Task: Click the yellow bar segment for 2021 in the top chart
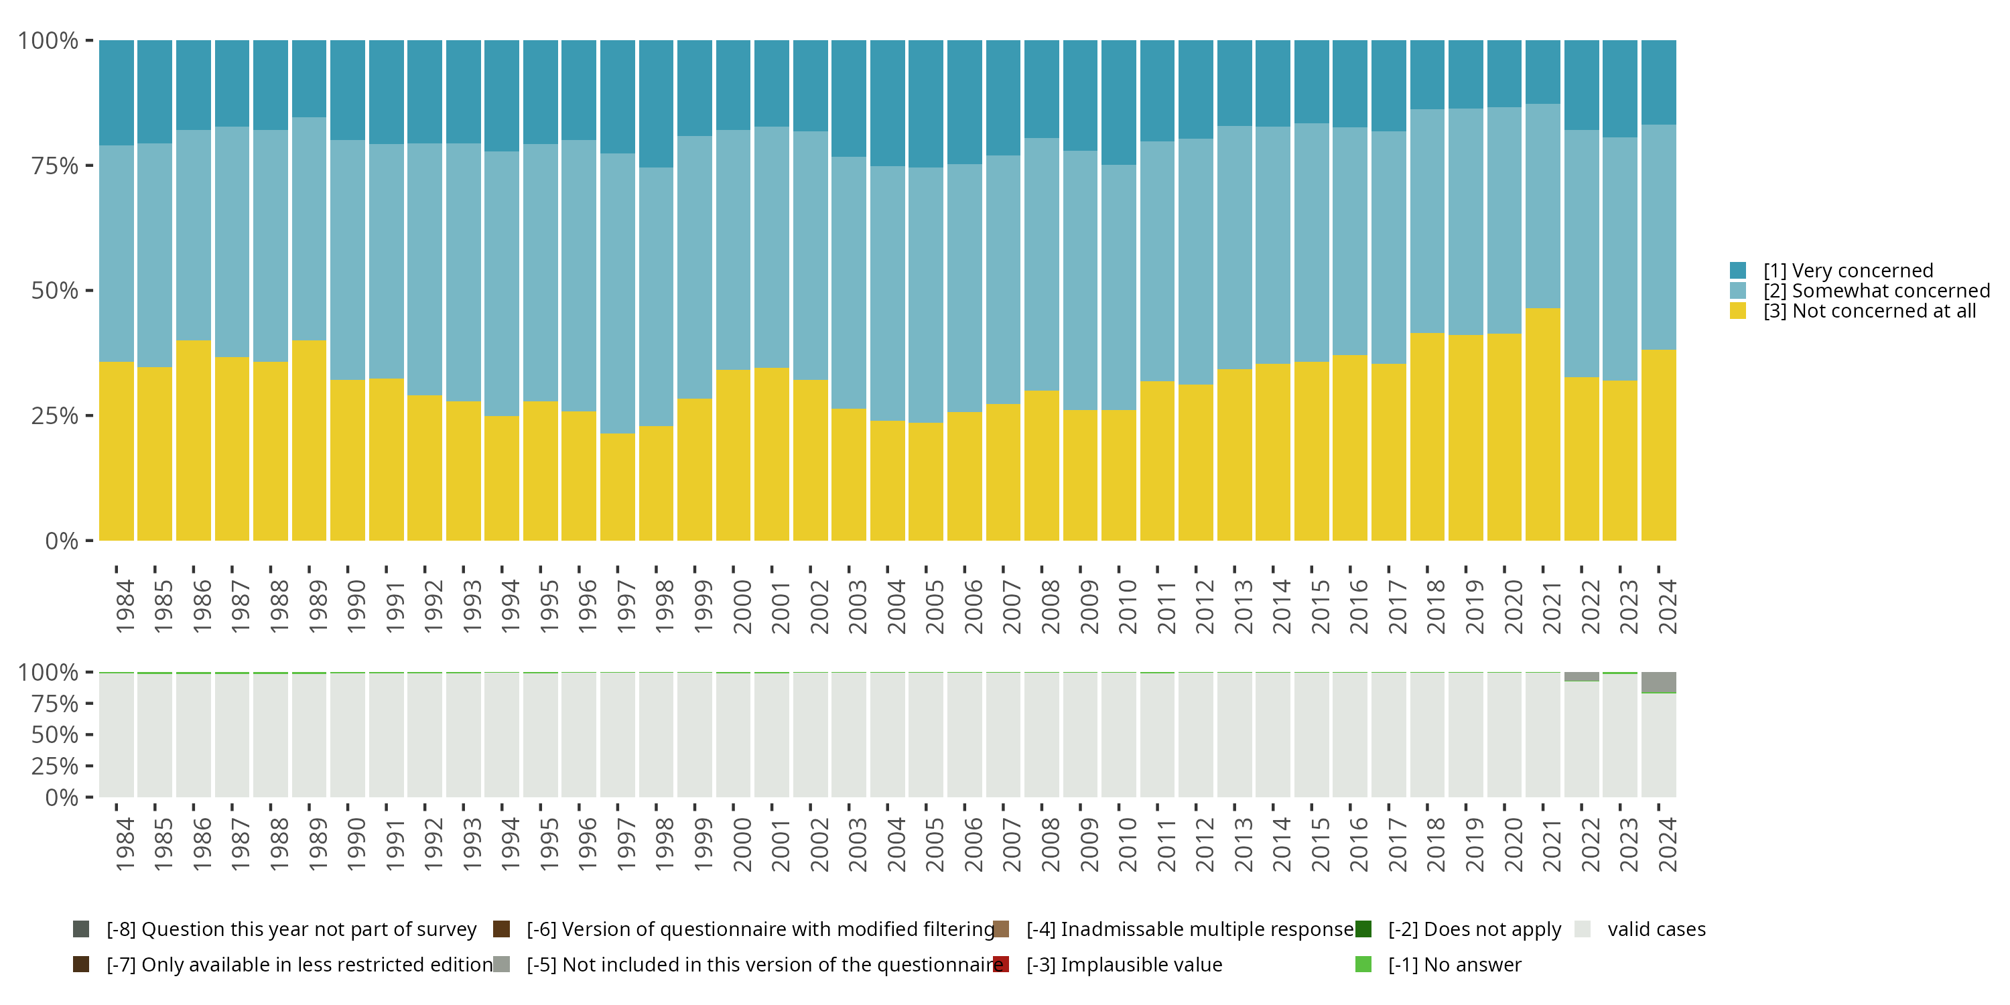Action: pos(1542,425)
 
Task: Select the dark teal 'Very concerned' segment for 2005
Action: pos(925,104)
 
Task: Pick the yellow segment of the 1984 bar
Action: pos(117,451)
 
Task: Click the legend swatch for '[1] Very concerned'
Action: pos(1738,271)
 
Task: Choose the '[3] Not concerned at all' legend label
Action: pos(1869,312)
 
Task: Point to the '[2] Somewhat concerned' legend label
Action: pos(1877,291)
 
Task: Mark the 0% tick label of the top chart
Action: pos(62,541)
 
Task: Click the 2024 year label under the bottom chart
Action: pos(1667,845)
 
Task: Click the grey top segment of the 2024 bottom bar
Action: pos(1658,683)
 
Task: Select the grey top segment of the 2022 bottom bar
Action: pos(1582,677)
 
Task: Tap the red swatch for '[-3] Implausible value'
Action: pos(1001,964)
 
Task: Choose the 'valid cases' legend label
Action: pos(1656,929)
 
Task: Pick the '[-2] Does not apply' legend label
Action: pos(1475,929)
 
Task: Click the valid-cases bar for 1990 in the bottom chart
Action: pos(347,735)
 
